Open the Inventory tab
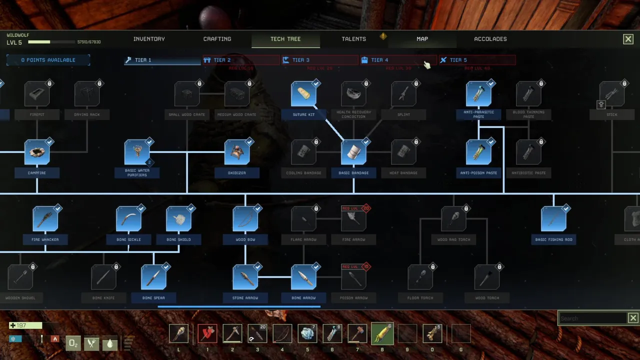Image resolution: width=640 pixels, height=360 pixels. tap(149, 39)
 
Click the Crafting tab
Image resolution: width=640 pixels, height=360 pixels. tap(217, 39)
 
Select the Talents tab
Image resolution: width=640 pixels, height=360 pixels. tap(353, 39)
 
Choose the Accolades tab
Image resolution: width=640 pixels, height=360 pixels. tap(490, 39)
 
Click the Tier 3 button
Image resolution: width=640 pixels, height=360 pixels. tap(319, 60)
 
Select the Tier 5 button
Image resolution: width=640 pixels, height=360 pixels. tap(477, 60)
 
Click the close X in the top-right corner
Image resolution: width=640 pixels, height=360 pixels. tap(628, 39)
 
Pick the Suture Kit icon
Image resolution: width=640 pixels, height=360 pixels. tap(303, 94)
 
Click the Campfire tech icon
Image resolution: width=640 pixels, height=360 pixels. tap(37, 152)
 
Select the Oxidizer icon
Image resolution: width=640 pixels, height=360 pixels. tap(237, 152)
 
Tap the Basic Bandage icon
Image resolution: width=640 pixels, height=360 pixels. tap(353, 152)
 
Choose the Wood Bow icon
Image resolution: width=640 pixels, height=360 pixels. tap(245, 219)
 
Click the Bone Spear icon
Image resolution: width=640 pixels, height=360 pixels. tap(153, 277)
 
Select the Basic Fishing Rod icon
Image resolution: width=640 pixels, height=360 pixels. tap(553, 219)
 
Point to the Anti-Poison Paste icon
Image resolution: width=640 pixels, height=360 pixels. tap(478, 152)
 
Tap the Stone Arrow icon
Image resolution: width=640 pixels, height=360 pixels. tap(245, 277)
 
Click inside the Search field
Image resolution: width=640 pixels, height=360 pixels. tap(592, 318)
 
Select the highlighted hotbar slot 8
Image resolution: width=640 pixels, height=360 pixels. tap(382, 333)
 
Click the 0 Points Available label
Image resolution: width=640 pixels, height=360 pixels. tap(48, 60)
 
